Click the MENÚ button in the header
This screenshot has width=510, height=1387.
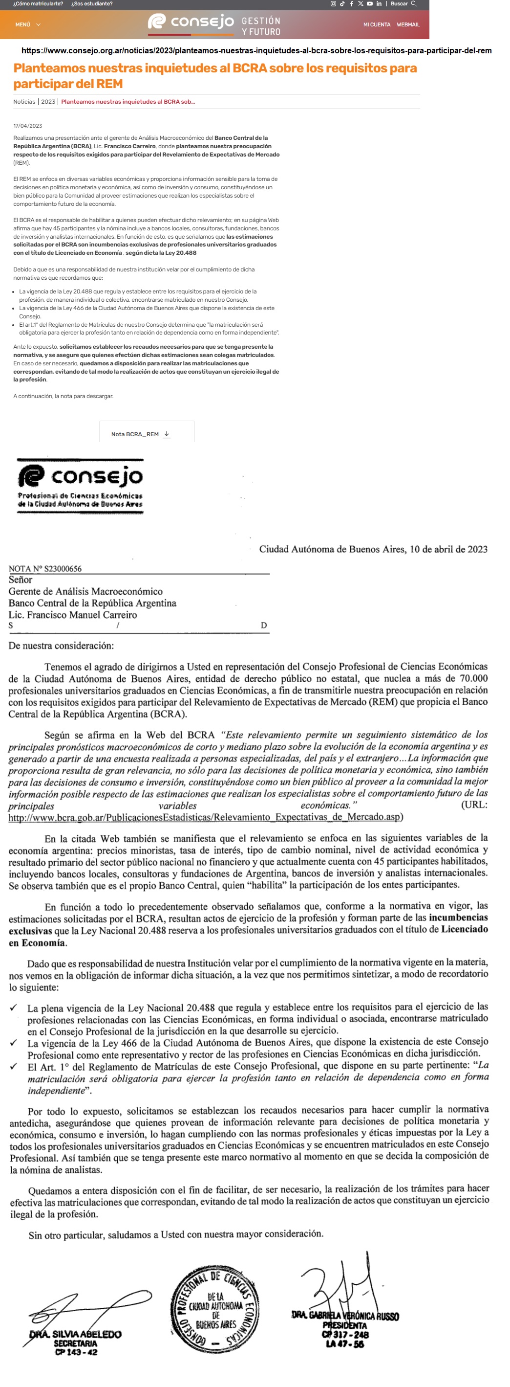pos(27,25)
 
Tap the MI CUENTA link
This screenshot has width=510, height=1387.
pos(377,25)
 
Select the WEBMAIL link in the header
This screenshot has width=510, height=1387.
pos(408,25)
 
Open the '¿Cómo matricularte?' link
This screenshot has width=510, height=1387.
pos(38,4)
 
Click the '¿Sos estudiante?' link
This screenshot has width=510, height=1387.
pos(92,4)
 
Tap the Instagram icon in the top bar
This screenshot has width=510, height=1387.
pos(333,4)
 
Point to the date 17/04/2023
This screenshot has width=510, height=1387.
pos(27,126)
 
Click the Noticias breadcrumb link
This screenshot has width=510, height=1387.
pos(24,102)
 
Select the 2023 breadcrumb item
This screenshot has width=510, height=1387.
pos(48,102)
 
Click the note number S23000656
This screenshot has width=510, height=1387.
pos(63,569)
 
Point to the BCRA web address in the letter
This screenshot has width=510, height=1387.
pos(204,817)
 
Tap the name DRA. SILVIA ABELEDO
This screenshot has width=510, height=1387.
pos(75,1334)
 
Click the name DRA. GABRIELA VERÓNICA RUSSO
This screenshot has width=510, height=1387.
pos(345,1316)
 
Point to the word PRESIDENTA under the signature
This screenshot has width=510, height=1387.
pos(345,1325)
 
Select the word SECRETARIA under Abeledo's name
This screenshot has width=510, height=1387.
pos(75,1343)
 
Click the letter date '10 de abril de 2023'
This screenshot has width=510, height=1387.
pos(448,549)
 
